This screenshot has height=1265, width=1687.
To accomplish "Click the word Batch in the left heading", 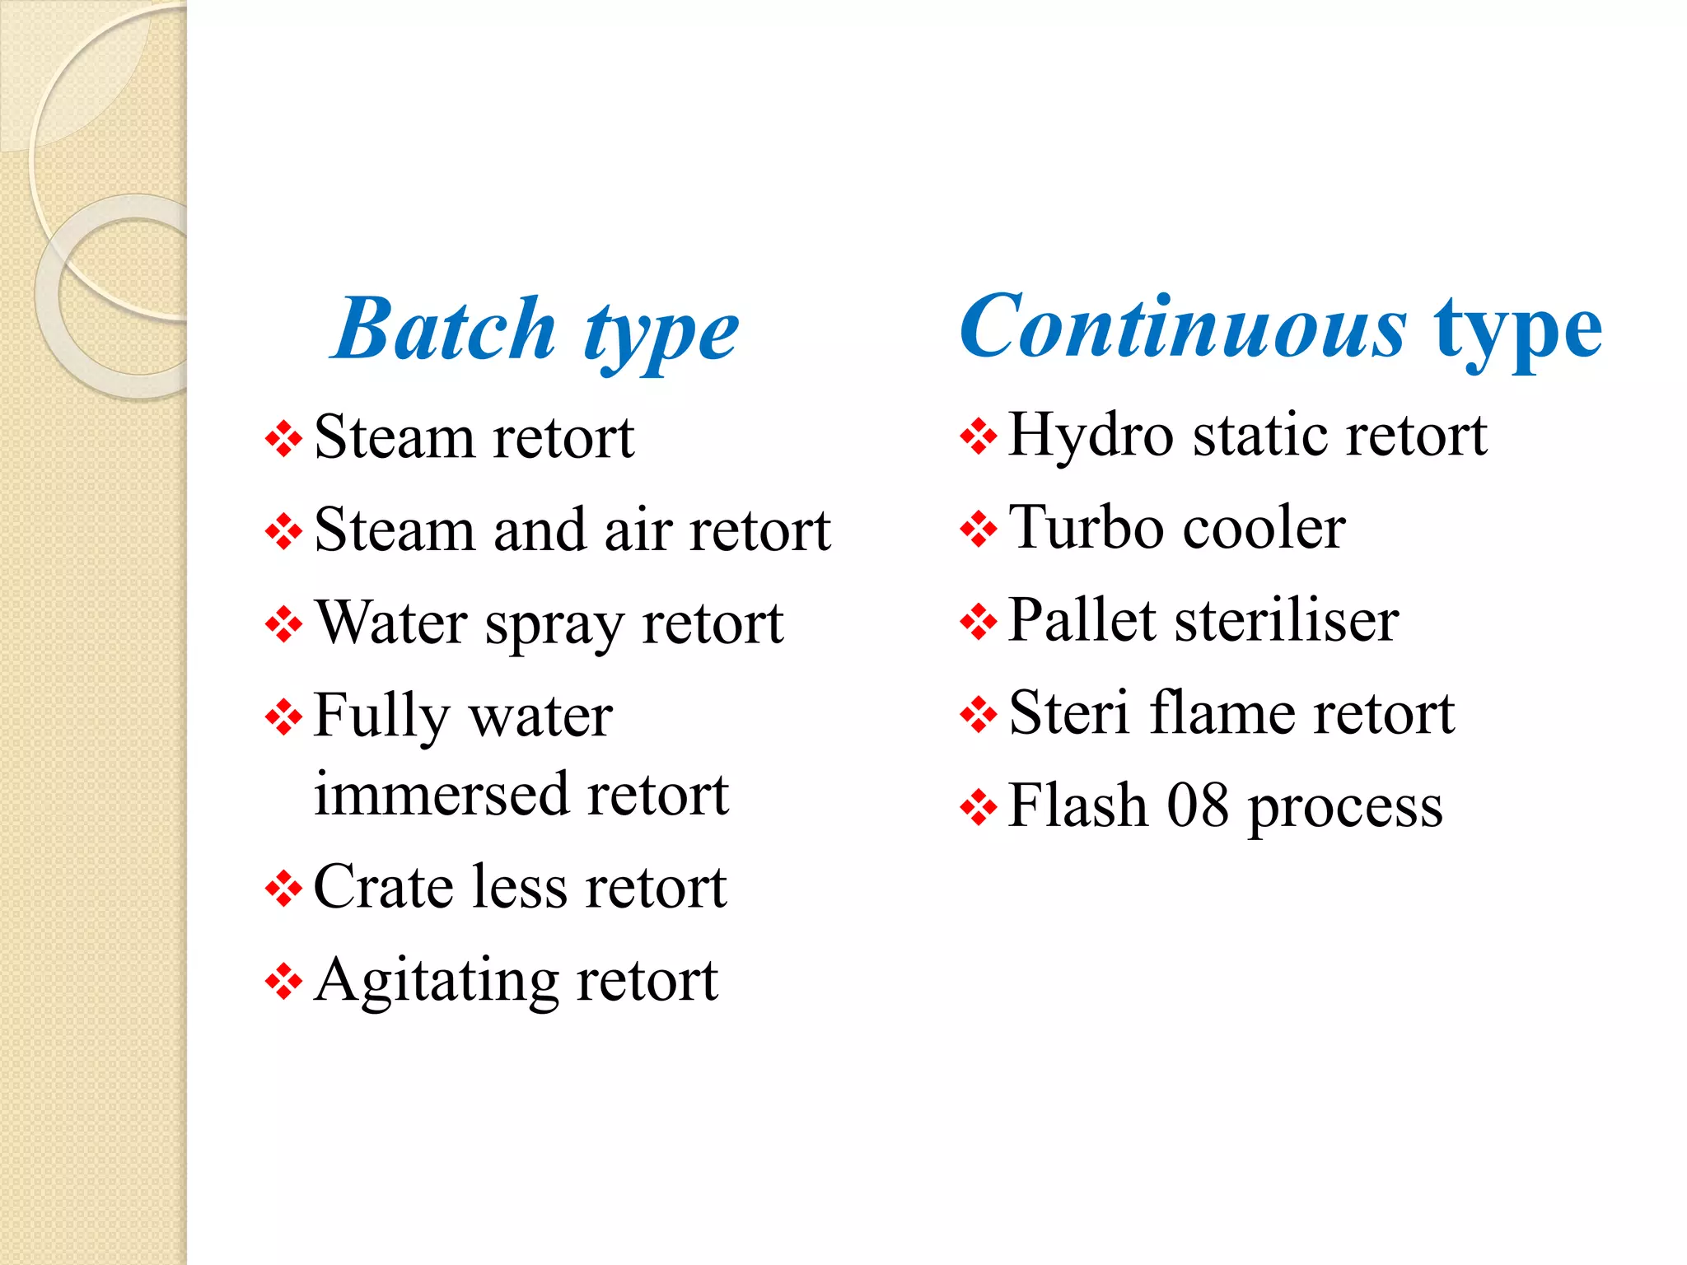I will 446,330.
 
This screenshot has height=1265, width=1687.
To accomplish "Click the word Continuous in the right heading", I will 1183,328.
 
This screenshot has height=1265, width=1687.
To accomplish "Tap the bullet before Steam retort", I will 283,439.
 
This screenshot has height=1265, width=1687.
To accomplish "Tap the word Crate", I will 384,887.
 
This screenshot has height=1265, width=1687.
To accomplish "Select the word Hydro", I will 1091,436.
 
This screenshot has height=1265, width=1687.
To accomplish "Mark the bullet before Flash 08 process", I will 979,807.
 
